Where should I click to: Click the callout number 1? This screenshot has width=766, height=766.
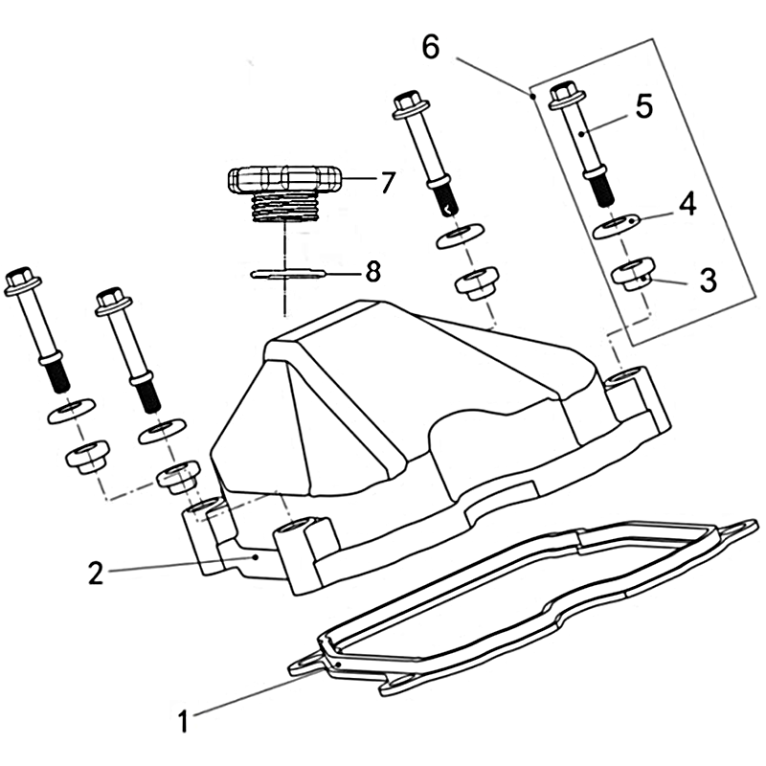tap(183, 721)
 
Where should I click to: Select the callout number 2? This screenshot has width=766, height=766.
tap(96, 573)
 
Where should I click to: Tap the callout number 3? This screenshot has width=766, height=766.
tap(708, 281)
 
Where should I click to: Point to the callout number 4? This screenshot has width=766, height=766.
tap(687, 205)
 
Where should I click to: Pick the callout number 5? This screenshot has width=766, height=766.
tap(644, 106)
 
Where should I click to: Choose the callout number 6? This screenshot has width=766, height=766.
tap(431, 47)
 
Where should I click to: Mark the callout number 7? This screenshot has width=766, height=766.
tap(387, 182)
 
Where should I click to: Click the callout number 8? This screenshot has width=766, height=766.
tap(373, 271)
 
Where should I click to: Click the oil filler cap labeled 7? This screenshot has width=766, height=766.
tap(284, 193)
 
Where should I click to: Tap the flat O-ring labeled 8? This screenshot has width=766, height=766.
tap(288, 274)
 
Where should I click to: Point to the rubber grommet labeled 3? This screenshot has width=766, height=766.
tap(633, 275)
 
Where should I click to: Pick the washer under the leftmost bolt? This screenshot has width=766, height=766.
tap(71, 412)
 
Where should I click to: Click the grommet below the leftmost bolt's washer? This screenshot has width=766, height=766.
tap(88, 457)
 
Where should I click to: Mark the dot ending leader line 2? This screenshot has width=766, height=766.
tap(255, 556)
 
